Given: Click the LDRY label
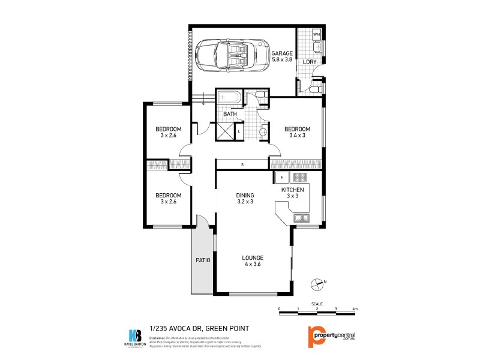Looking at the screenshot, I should [309, 62].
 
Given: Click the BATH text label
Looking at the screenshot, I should [230, 114].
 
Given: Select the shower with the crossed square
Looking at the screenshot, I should [224, 131].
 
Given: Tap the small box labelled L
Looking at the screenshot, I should [240, 131].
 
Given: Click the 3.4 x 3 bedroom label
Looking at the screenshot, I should [297, 133].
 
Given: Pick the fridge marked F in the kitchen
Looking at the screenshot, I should [282, 178].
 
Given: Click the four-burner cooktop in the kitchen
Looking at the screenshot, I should [300, 178].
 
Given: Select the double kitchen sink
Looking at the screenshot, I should [301, 218].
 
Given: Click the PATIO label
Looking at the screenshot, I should [202, 260].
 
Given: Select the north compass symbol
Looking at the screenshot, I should [318, 283].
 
